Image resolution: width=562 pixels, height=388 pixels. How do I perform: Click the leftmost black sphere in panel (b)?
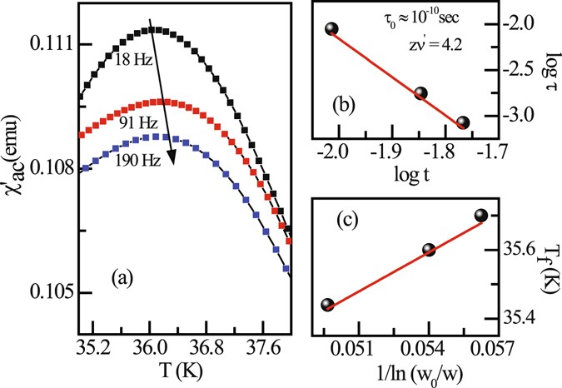pyautogui.click(x=331, y=29)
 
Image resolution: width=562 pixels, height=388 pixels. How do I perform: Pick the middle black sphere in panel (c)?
pyautogui.click(x=429, y=250)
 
